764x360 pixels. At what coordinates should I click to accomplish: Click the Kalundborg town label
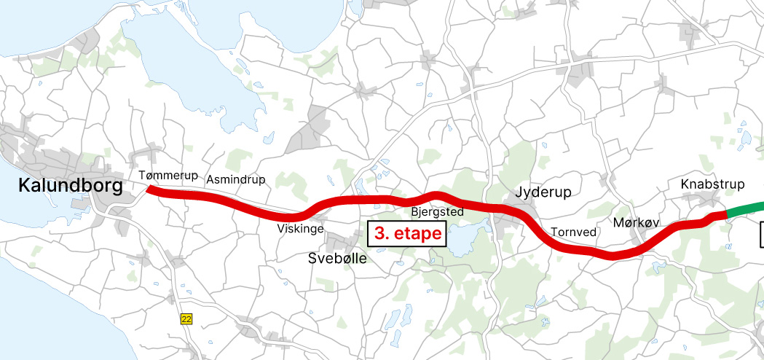pos(71,188)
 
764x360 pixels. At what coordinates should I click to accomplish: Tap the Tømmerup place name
pos(167,175)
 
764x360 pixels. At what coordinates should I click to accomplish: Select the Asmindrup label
pos(236,179)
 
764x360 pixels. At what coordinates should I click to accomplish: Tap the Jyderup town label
pos(543,192)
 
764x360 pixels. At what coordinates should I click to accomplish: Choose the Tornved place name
pos(573,232)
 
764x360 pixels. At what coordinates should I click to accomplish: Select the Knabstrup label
pos(713,184)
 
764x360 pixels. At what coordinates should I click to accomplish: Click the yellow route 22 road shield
pos(186,318)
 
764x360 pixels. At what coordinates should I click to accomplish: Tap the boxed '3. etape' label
pos(408,235)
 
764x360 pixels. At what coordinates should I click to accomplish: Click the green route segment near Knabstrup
pos(746,208)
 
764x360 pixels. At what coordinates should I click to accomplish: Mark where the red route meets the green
pos(726,214)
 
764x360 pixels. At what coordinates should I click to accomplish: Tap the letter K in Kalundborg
pos(24,188)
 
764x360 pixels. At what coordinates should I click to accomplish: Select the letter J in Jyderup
pos(519,192)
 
